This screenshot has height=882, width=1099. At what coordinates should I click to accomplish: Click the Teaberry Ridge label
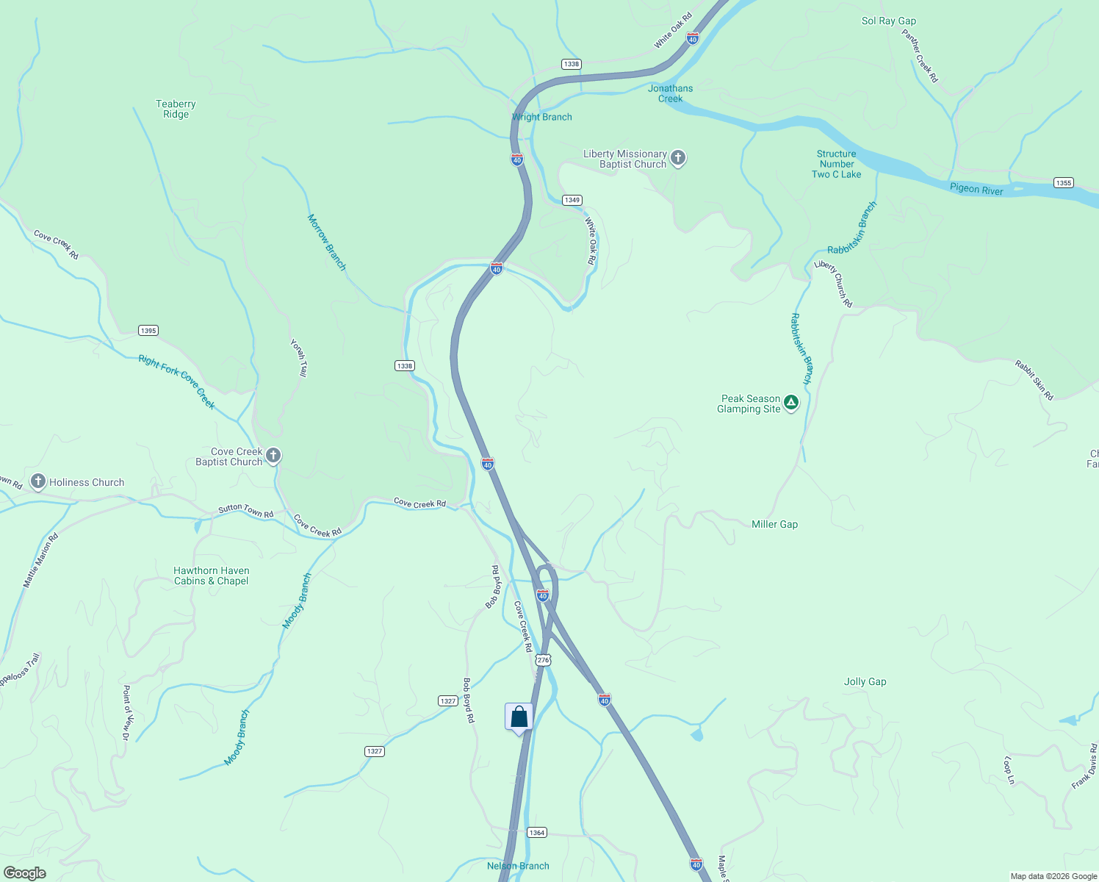[176, 109]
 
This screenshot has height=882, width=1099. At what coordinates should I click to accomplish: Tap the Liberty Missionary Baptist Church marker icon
[678, 158]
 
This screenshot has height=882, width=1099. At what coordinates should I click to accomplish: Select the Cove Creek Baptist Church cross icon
[273, 456]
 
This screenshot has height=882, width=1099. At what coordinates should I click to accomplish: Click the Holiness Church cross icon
[38, 482]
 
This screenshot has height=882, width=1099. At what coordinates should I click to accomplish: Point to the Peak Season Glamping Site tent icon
[790, 403]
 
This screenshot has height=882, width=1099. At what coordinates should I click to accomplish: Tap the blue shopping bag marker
[519, 717]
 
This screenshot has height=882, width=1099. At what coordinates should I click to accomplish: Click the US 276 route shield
[543, 660]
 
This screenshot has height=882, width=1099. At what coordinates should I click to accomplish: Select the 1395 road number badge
[148, 331]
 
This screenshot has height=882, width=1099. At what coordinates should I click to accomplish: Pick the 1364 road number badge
[537, 833]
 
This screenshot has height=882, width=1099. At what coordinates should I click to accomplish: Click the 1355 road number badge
[1063, 183]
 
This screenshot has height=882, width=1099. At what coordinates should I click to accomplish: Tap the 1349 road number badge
[572, 200]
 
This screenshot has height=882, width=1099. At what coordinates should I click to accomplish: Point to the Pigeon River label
[976, 189]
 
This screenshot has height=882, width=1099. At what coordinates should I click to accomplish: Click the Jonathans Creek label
[670, 93]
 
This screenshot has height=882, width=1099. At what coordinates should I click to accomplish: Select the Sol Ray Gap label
[888, 21]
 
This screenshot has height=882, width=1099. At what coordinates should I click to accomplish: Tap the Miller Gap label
[774, 524]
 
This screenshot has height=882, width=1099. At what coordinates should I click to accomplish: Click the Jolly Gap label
[865, 681]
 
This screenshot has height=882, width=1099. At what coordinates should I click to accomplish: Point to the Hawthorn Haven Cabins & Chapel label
[212, 576]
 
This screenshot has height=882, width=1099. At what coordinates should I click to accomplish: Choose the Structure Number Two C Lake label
[837, 164]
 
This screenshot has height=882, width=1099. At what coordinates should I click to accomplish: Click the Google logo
[24, 873]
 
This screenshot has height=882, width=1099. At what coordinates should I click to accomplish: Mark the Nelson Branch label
[518, 866]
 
